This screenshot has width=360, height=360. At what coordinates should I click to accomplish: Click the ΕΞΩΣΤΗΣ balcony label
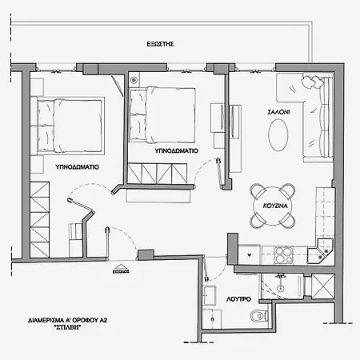161,45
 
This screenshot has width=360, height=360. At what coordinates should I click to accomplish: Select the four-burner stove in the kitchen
285,255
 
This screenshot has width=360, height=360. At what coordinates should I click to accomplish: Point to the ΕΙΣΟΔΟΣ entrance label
121,271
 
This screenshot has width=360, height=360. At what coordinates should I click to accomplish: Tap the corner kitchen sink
323,251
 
